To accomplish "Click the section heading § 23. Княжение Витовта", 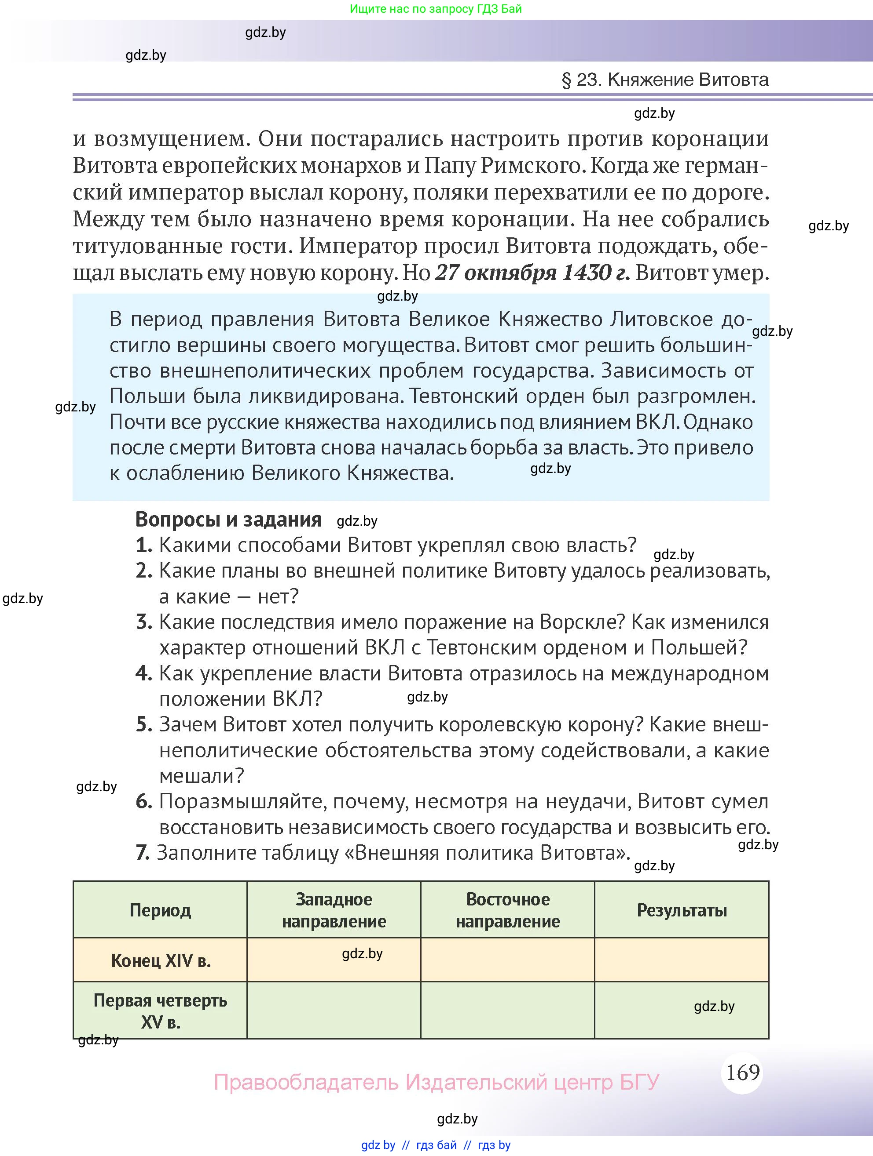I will pyautogui.click(x=665, y=80).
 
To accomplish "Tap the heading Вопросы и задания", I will pyautogui.click(x=228, y=520).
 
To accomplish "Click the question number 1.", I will pyautogui.click(x=143, y=545).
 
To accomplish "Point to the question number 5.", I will pyautogui.click(x=143, y=724).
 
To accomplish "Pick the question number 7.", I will pyautogui.click(x=142, y=852).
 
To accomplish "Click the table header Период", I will pyautogui.click(x=160, y=910).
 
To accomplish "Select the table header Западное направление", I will pyautogui.click(x=334, y=910).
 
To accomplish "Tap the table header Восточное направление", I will pyautogui.click(x=507, y=910).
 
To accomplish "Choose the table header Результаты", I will pyautogui.click(x=682, y=910).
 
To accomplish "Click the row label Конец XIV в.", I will pyautogui.click(x=161, y=960).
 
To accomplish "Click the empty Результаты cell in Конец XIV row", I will pyautogui.click(x=682, y=960).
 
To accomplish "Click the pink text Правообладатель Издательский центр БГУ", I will pyautogui.click(x=436, y=1082).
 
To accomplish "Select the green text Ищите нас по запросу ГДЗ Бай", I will pyautogui.click(x=436, y=9).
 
